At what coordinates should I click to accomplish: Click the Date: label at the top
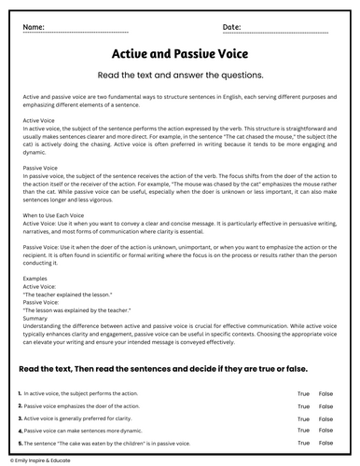tap(232, 26)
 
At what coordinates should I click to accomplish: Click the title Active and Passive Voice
tap(179, 54)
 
